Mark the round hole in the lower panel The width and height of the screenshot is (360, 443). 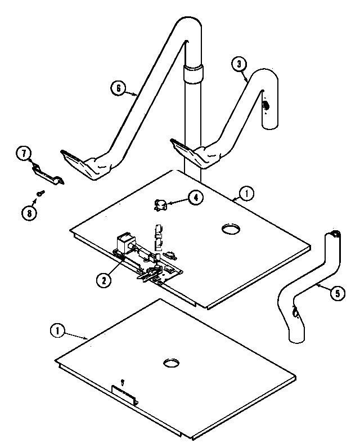171,363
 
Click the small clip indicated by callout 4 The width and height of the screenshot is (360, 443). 161,205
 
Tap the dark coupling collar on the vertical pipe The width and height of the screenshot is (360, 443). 193,73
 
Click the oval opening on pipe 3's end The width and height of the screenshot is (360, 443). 266,105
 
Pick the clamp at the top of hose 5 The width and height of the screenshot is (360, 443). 336,233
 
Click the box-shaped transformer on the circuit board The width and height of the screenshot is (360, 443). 123,244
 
